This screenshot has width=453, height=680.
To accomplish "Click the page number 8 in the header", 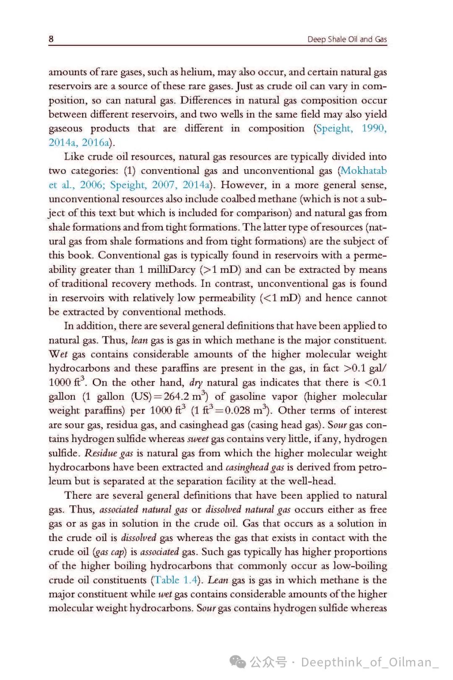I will click(x=51, y=39).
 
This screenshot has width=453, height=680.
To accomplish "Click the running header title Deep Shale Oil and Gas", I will click(x=347, y=39).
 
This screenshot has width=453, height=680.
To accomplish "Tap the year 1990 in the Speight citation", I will click(x=374, y=128).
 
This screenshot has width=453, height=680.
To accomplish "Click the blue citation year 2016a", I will click(x=96, y=143).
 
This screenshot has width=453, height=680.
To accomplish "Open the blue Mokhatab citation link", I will click(x=364, y=171).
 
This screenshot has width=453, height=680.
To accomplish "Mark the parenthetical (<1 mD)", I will click(x=280, y=298).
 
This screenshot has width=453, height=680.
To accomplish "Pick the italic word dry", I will click(x=196, y=382).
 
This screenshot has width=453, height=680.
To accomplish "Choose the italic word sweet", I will click(x=198, y=439).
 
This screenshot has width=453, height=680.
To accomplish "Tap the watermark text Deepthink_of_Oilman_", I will click(x=370, y=662).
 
